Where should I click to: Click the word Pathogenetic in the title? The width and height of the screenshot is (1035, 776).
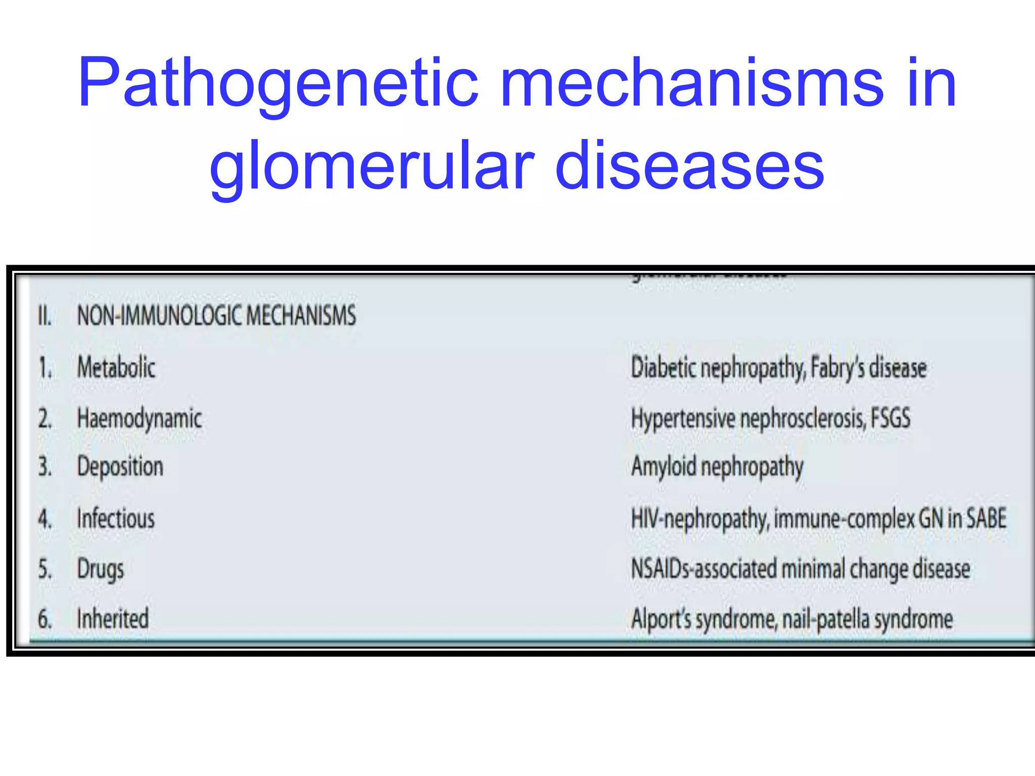[x=278, y=83]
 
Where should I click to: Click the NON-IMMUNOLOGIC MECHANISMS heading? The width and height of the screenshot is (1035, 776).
[x=216, y=316]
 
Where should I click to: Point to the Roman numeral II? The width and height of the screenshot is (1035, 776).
[x=44, y=316]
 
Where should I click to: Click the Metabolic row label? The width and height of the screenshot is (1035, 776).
[x=116, y=367]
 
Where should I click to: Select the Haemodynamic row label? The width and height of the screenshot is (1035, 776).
[x=139, y=419]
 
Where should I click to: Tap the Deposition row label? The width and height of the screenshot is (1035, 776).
[x=120, y=466]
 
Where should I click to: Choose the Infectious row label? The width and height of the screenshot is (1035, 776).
[x=116, y=519]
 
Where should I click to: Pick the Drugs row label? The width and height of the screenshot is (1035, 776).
[x=101, y=569]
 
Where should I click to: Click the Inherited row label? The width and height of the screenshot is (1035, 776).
[x=113, y=618]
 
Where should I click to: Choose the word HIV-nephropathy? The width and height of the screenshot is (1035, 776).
[x=700, y=519]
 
